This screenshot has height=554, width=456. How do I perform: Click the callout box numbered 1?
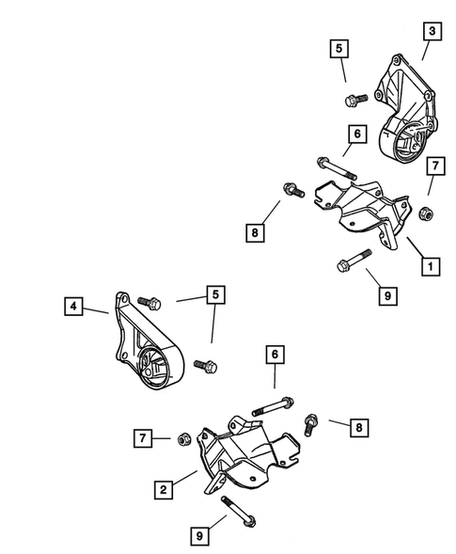431,266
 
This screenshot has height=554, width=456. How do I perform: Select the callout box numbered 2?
164,490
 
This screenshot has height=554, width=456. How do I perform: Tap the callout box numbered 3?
432,31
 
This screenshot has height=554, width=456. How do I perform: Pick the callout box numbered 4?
73,306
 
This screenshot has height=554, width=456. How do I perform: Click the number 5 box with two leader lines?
216,294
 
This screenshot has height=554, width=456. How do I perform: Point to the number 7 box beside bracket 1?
435,166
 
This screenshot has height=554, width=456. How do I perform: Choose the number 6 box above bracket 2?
275,354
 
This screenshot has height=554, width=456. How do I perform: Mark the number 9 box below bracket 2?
199,536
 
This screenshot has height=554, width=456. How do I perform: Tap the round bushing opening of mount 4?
154,369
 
